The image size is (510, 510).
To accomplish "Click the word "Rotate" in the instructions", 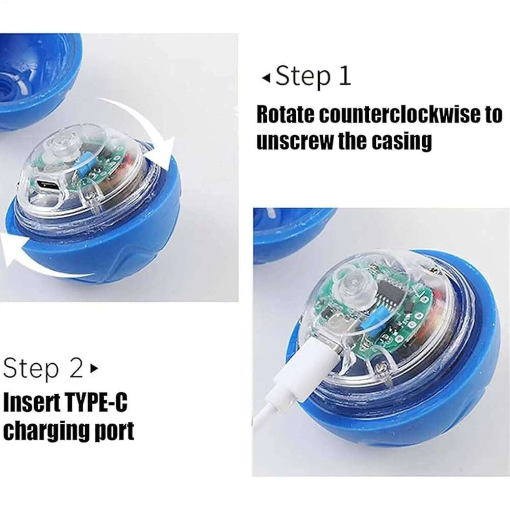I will pos(283,115).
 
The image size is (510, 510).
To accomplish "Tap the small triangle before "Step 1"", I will pos(265,78).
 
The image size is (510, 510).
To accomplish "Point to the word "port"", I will pos(114,431).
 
